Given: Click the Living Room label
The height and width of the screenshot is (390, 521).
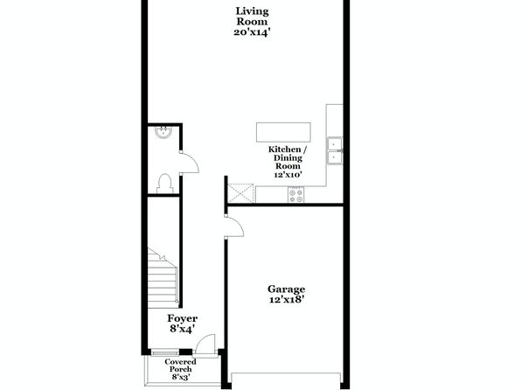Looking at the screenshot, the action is (x=252, y=17).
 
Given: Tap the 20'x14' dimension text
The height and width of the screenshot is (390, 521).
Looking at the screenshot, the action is (x=252, y=32).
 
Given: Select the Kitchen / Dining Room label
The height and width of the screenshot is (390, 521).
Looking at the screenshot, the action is (x=288, y=157).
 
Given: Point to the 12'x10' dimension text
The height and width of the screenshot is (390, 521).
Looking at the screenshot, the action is (x=288, y=175).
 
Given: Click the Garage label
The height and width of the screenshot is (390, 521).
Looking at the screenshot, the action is (x=287, y=289).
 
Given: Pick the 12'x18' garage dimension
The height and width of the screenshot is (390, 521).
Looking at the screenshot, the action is (x=287, y=300).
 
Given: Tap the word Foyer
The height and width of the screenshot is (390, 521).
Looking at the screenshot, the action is (x=183, y=318).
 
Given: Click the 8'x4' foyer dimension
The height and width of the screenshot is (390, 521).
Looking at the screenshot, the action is (x=182, y=329).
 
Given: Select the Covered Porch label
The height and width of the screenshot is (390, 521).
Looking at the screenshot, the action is (x=180, y=366).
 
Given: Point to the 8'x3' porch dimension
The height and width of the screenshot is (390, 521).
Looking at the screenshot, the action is (x=181, y=377).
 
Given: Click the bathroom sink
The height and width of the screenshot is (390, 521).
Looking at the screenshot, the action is (x=163, y=132).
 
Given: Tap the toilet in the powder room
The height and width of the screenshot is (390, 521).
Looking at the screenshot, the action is (x=165, y=184).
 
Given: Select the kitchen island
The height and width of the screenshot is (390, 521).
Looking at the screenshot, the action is (x=283, y=132).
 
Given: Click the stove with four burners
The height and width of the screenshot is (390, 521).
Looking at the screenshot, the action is (x=296, y=195).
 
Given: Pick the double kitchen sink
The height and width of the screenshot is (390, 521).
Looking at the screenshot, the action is (x=335, y=150).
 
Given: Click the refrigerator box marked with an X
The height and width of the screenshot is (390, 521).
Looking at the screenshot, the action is (x=240, y=193).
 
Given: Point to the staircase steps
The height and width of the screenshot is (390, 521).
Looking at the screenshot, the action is (x=163, y=279).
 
